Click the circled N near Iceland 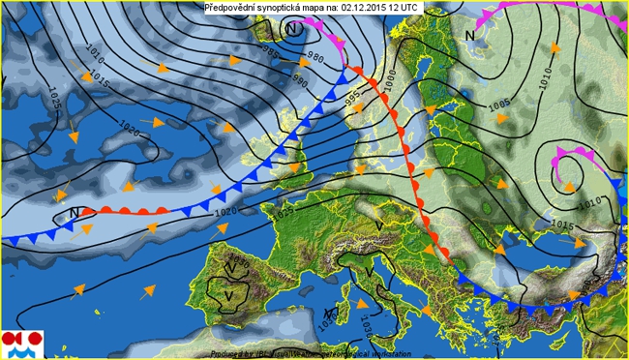click(292, 29)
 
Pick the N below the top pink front click(469, 36)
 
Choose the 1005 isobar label click(500, 104)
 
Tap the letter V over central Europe click(379, 225)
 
